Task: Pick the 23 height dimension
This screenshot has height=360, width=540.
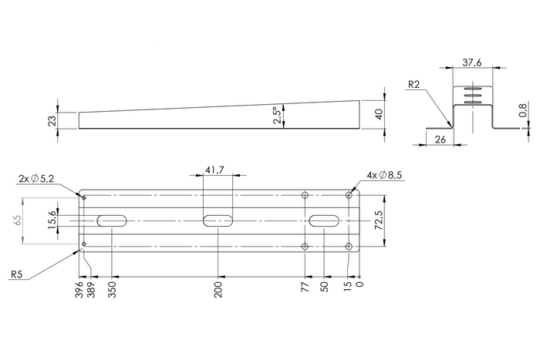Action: pyautogui.click(x=51, y=120)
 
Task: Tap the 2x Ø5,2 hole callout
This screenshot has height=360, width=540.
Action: pyautogui.click(x=37, y=179)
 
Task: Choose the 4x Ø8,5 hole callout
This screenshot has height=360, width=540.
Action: pyautogui.click(x=386, y=176)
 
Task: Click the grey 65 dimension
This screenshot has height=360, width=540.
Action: pyautogui.click(x=18, y=220)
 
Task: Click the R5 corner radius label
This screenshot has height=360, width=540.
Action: pyautogui.click(x=17, y=273)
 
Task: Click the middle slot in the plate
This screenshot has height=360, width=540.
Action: pyautogui.click(x=219, y=221)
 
